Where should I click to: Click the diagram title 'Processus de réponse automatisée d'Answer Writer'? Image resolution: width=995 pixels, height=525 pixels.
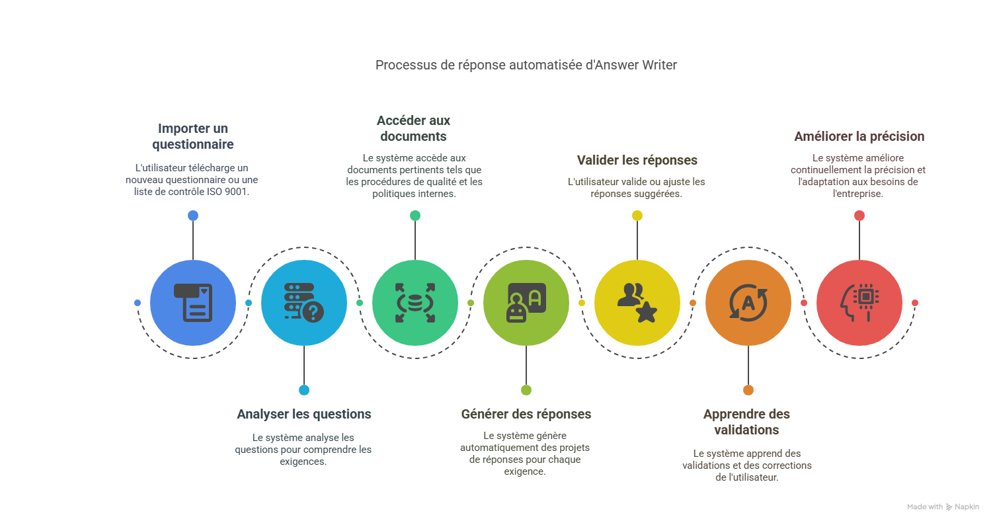coord(526,65)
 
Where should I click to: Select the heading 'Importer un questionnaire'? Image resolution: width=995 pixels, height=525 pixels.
coord(192,136)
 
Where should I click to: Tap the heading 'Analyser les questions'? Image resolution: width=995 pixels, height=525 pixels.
coord(304,415)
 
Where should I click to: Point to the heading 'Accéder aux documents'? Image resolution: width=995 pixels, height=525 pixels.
coord(413,128)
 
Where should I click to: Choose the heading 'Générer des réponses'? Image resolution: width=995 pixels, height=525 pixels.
coord(526,415)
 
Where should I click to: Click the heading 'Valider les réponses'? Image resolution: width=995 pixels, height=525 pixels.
coord(637,160)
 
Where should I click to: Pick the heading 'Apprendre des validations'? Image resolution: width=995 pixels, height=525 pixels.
coord(746,422)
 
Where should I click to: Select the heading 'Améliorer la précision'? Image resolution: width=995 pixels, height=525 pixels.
coord(859,136)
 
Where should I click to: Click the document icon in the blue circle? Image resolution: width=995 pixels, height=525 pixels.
coord(193,302)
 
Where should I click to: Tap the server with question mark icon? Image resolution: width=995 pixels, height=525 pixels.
coord(304,302)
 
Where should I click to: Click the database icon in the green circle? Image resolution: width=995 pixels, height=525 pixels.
coord(415,302)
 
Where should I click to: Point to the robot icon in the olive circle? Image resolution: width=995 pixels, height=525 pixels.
coord(526,302)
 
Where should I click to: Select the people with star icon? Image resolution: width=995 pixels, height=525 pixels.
coord(637,302)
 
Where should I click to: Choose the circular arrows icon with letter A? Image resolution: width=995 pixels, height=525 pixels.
coord(748,302)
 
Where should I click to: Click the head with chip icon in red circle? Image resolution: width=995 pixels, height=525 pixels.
coord(859,302)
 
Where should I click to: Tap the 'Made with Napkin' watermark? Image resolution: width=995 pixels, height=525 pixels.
coord(943,506)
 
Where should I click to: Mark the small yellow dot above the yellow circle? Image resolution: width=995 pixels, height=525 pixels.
coord(637,216)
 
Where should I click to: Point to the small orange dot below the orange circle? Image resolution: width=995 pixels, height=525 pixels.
coord(748,390)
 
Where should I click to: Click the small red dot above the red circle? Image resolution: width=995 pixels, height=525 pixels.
coord(859,216)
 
